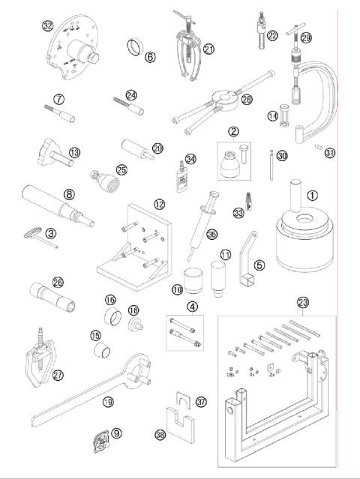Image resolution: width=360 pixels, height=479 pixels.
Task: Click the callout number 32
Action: (48, 25)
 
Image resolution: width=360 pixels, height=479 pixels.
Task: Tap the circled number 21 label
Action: (208, 49)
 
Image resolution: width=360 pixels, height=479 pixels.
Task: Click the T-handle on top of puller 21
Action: (182, 16)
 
